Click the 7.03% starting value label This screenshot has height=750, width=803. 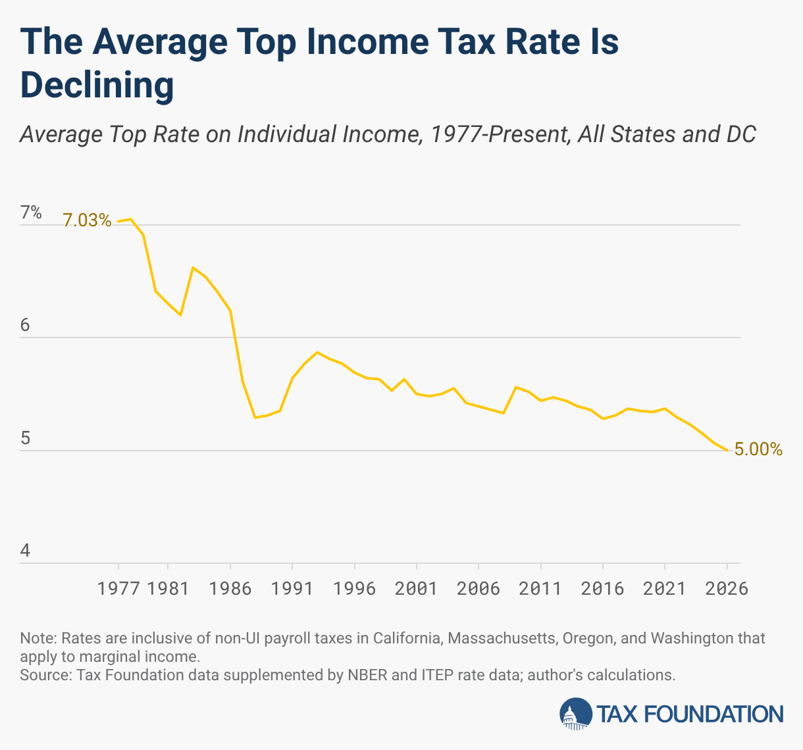(x=87, y=220)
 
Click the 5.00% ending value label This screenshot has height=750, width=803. (x=758, y=449)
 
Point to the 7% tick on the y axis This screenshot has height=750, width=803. (x=31, y=213)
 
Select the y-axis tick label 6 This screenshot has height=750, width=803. (x=26, y=325)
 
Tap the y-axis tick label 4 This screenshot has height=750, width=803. (x=26, y=550)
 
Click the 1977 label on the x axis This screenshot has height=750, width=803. (x=118, y=588)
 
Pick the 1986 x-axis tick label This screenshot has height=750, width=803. (x=230, y=588)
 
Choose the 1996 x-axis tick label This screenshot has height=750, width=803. (x=354, y=588)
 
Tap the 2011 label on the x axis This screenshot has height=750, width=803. (x=540, y=588)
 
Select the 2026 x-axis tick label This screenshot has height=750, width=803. (x=727, y=588)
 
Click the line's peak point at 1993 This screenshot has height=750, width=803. (x=317, y=352)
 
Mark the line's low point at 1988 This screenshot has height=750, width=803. (x=255, y=417)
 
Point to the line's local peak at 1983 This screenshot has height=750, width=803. (x=192, y=268)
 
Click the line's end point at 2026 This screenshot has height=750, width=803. (x=727, y=450)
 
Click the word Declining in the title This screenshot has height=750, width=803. (x=97, y=86)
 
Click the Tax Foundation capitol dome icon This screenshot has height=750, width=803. (x=576, y=714)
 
